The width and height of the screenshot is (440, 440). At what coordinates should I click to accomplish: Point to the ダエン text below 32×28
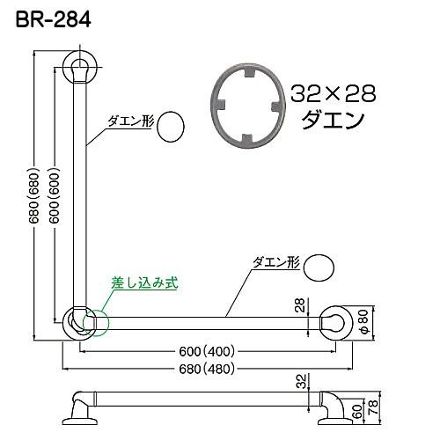tap(332, 121)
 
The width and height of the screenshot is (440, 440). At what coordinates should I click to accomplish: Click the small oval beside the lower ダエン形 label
tap(319, 266)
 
